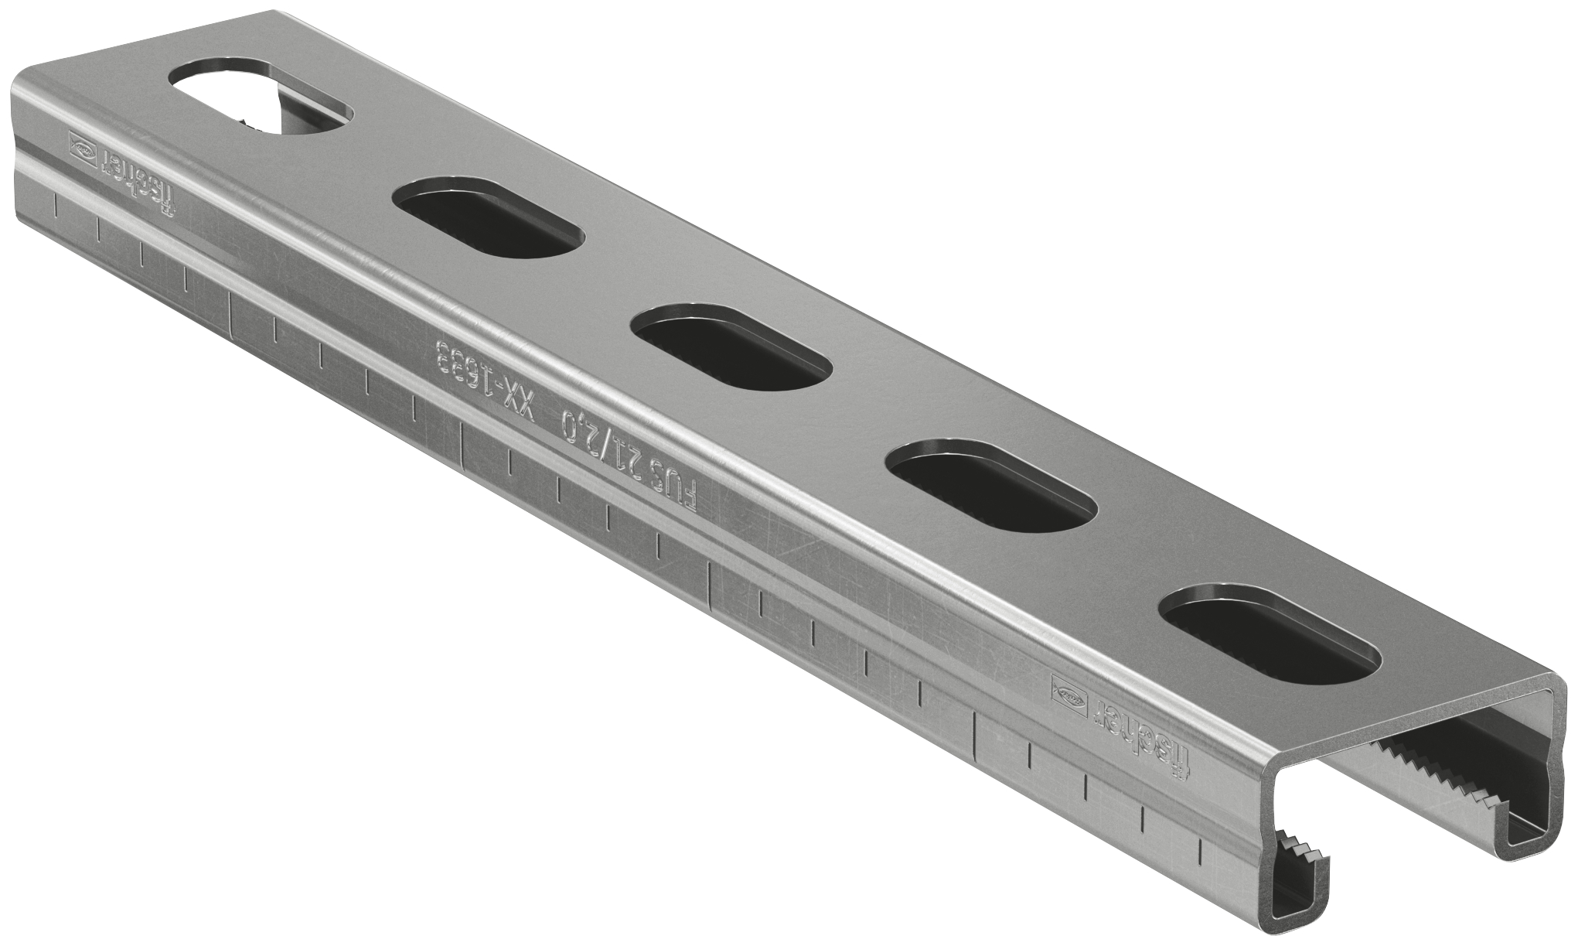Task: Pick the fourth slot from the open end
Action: (487, 217)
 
